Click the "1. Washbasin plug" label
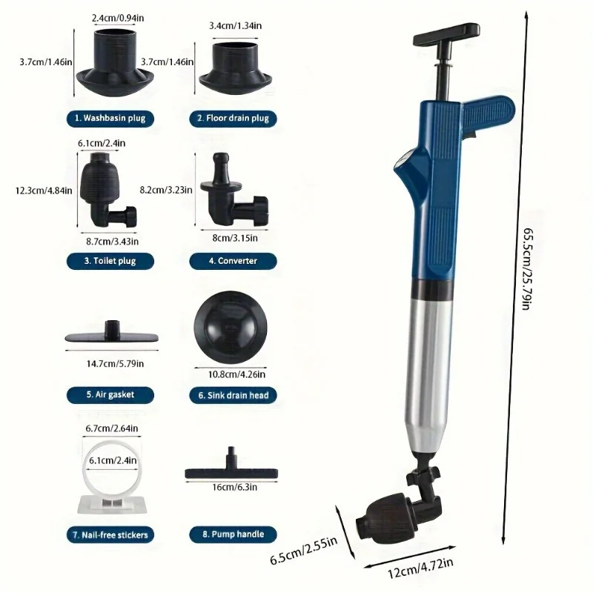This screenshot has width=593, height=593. pyautogui.click(x=110, y=118)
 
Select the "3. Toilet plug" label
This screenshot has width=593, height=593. pyautogui.click(x=110, y=260)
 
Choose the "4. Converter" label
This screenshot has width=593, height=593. pyautogui.click(x=233, y=260)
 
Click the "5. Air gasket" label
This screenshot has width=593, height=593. pyautogui.click(x=110, y=394)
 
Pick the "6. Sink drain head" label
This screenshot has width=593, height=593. pyautogui.click(x=233, y=395)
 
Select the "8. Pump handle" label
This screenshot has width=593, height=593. pyautogui.click(x=233, y=534)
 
